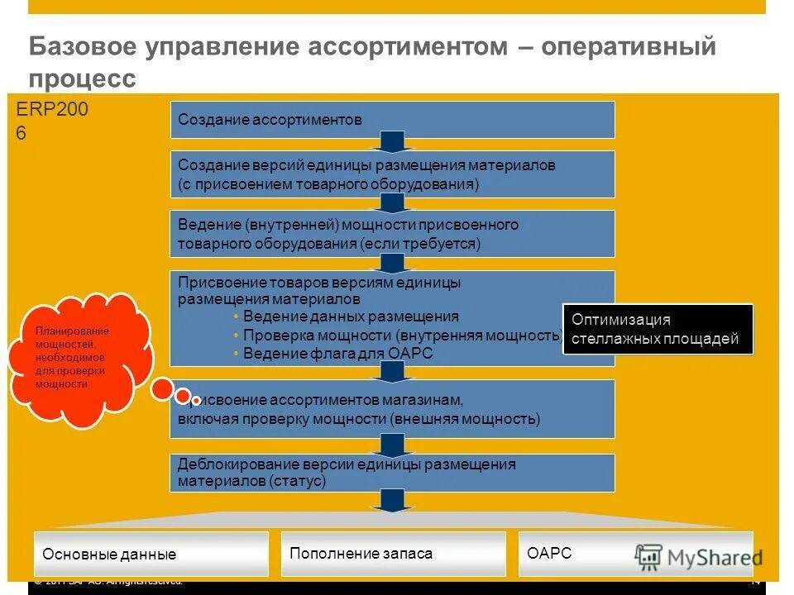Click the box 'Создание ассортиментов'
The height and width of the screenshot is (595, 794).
coord(392,120)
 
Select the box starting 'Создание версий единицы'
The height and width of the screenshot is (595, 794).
coord(392,174)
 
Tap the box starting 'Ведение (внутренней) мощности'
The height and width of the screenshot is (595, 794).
coord(392,234)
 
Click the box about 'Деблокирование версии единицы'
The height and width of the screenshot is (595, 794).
coord(392,473)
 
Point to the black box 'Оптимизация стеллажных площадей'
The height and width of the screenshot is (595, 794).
coord(658,329)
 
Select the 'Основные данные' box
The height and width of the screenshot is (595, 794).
coord(151,554)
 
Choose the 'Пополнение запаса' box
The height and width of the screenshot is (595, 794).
coord(393,553)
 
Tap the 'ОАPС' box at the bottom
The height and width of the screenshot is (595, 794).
coord(579,553)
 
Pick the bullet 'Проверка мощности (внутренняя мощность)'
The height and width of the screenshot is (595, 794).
coord(399,335)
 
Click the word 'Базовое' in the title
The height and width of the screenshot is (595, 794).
coord(83,47)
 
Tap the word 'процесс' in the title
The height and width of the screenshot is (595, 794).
coord(82,79)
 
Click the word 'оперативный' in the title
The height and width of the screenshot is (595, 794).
coord(629,47)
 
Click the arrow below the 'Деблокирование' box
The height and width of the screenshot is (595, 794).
coord(393,501)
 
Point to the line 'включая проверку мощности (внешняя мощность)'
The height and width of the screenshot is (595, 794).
coord(358,419)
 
